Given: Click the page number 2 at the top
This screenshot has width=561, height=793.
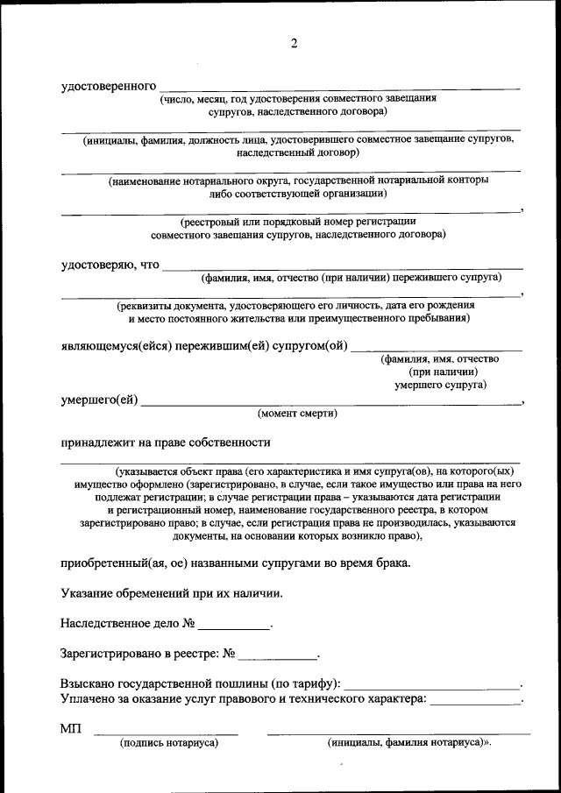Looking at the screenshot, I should click(295, 44).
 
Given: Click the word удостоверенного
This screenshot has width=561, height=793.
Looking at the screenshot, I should click(109, 86).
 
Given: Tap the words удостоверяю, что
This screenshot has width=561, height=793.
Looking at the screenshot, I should click(110, 265).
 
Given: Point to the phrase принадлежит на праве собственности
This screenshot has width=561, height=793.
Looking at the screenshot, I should click(165, 443).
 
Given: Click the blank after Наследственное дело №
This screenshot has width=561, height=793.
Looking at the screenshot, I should click(234, 626).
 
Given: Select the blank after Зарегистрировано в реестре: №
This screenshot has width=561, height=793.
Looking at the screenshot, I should click(278, 654).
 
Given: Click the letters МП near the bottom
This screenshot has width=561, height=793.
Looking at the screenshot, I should click(71, 729).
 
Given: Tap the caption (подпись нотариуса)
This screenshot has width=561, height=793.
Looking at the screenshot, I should click(168, 742).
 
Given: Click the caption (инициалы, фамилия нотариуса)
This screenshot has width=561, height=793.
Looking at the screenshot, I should click(408, 742).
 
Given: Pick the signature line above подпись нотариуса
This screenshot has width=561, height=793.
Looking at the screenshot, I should click(166, 733).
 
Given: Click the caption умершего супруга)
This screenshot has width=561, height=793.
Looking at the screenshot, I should click(440, 384).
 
